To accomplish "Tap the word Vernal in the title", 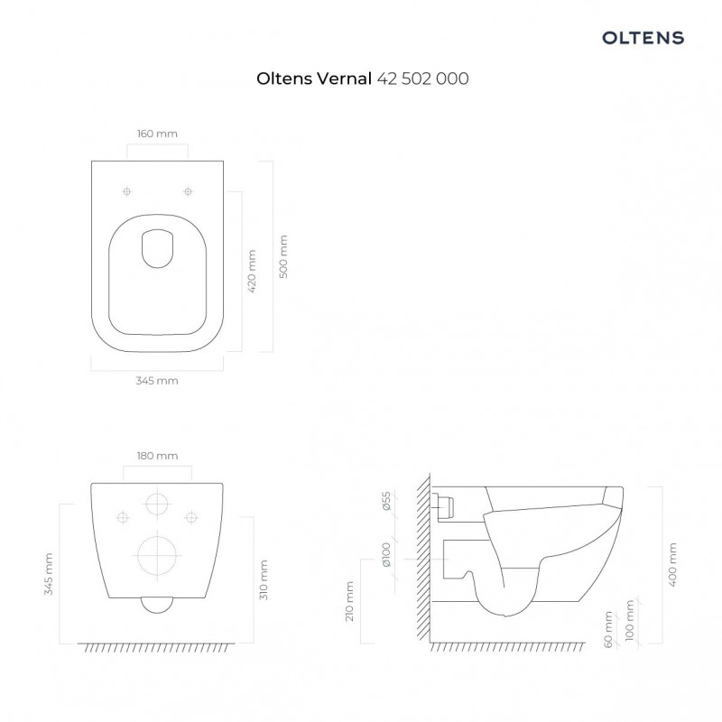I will click(342, 79).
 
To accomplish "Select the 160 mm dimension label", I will click(157, 134).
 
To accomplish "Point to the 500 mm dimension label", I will click(283, 257).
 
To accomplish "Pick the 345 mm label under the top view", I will click(157, 381).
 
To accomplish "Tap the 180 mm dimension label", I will click(157, 456).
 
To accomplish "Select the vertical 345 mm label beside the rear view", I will click(50, 574).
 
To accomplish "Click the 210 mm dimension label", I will click(350, 602).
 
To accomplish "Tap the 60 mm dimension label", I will click(609, 628).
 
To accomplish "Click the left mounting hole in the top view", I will click(127, 191).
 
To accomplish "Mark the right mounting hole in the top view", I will click(188, 191).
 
